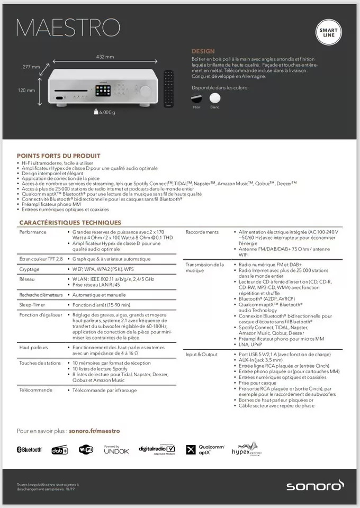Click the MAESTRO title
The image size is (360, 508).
click(x=68, y=27)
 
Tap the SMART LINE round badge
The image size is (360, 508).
click(x=328, y=33)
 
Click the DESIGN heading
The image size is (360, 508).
click(x=203, y=51)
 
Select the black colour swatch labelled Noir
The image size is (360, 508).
click(x=197, y=98)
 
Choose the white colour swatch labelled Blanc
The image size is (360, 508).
click(x=214, y=98)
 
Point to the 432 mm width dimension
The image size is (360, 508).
click(x=105, y=57)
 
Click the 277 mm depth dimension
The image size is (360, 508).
click(x=31, y=67)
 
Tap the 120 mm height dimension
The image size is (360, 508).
click(x=26, y=90)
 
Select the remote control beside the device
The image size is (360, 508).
click(x=168, y=89)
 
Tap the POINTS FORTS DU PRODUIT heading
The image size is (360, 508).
click(x=58, y=156)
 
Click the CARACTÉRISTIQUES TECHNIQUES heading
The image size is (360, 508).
click(x=70, y=222)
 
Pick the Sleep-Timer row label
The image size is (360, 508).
click(x=33, y=305)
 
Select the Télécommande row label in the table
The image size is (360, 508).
click(x=35, y=390)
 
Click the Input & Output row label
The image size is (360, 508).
click(x=201, y=354)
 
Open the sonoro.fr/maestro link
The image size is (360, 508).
click(x=94, y=431)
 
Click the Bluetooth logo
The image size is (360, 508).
click(x=29, y=450)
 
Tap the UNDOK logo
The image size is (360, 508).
click(x=116, y=450)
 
